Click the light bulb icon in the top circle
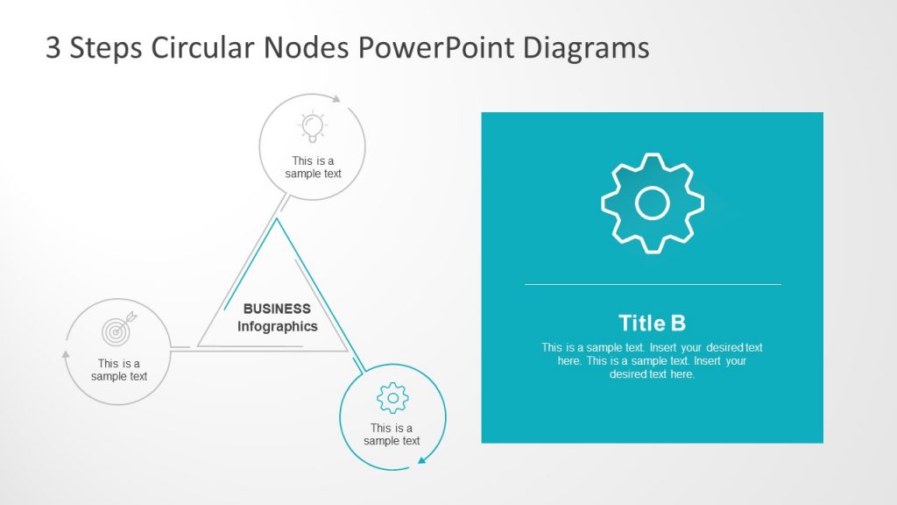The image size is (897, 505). (313, 127)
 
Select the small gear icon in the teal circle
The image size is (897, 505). (392, 398)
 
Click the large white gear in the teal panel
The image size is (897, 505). (653, 203)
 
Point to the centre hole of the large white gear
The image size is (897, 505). (653, 203)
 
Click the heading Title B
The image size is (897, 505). (652, 323)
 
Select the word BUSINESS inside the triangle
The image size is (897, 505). (277, 309)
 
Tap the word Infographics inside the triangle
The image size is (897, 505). (277, 326)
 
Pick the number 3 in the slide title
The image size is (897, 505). (53, 47)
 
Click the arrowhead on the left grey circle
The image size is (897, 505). (66, 354)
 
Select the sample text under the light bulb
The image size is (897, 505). (313, 167)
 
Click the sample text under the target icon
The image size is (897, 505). (119, 370)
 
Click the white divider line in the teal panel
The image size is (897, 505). (652, 284)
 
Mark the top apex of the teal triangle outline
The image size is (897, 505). (278, 219)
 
